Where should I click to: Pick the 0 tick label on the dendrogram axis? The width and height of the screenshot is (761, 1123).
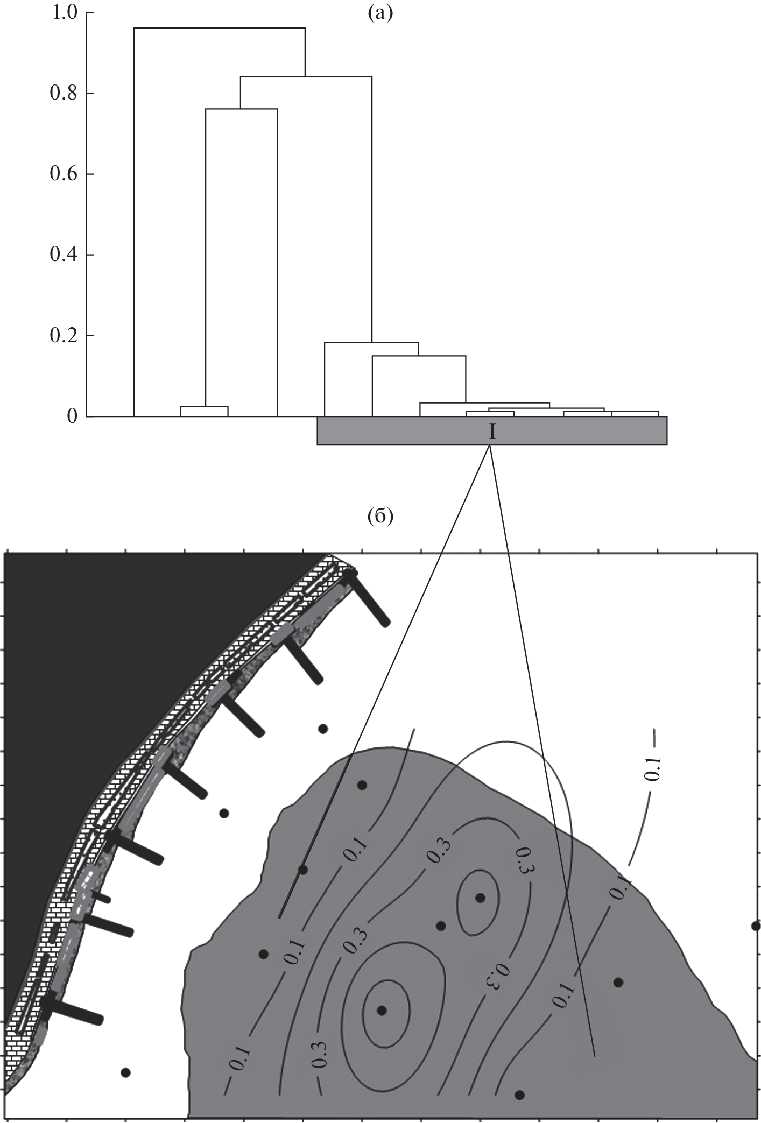tap(70, 416)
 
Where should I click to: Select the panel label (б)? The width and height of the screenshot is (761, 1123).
tap(380, 517)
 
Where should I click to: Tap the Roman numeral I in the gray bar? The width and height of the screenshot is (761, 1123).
tap(491, 432)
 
